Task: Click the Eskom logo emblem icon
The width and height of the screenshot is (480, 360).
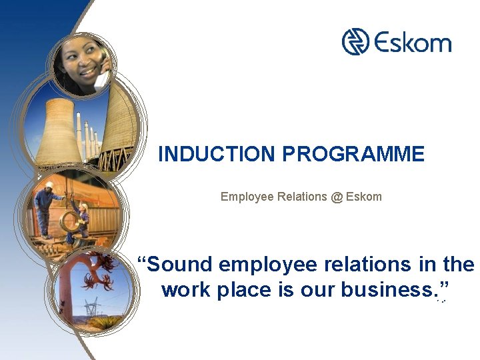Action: pos(356,42)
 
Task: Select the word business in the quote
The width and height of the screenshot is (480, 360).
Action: pos(386,291)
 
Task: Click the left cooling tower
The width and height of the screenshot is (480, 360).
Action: pos(57,131)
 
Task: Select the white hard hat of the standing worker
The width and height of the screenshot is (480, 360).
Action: pos(49,185)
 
